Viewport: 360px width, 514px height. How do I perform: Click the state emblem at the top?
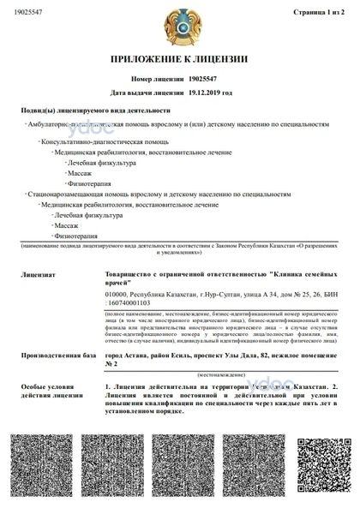point(181,26)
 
